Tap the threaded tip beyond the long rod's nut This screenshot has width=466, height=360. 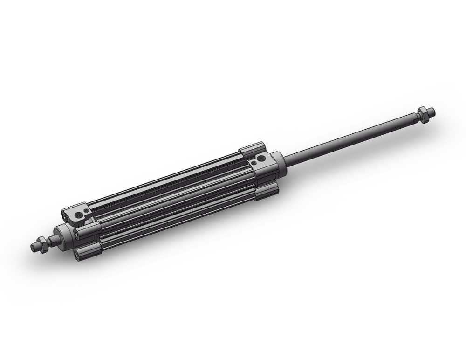click(x=431, y=111)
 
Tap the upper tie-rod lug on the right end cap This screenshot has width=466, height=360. click(x=252, y=150)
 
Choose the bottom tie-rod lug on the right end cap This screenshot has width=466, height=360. click(x=267, y=189)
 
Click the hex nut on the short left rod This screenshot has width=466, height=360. click(x=41, y=244)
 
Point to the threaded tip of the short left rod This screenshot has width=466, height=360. click(x=34, y=247)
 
